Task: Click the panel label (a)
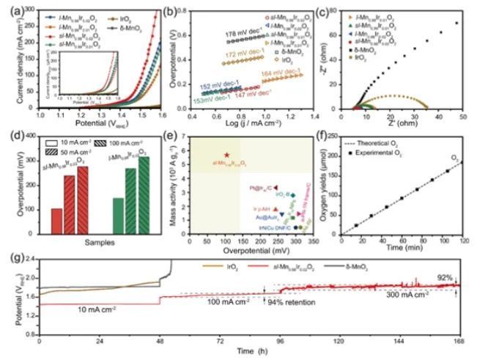(x=9, y=7)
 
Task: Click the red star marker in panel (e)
(x=227, y=155)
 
